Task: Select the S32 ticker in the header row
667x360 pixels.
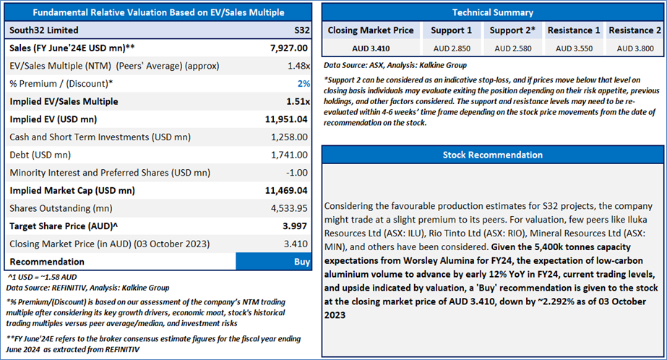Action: (300, 30)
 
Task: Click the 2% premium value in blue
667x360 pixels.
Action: (304, 84)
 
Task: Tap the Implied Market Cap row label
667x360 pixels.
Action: (72, 191)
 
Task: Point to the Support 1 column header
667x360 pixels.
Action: (451, 30)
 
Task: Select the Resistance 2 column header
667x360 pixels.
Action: (634, 30)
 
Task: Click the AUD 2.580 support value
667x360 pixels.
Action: (511, 48)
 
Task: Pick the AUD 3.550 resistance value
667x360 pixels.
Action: (574, 48)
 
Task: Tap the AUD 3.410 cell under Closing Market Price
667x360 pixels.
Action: (370, 48)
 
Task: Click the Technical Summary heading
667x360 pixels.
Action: (492, 12)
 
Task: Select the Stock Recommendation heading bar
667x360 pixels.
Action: (492, 155)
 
